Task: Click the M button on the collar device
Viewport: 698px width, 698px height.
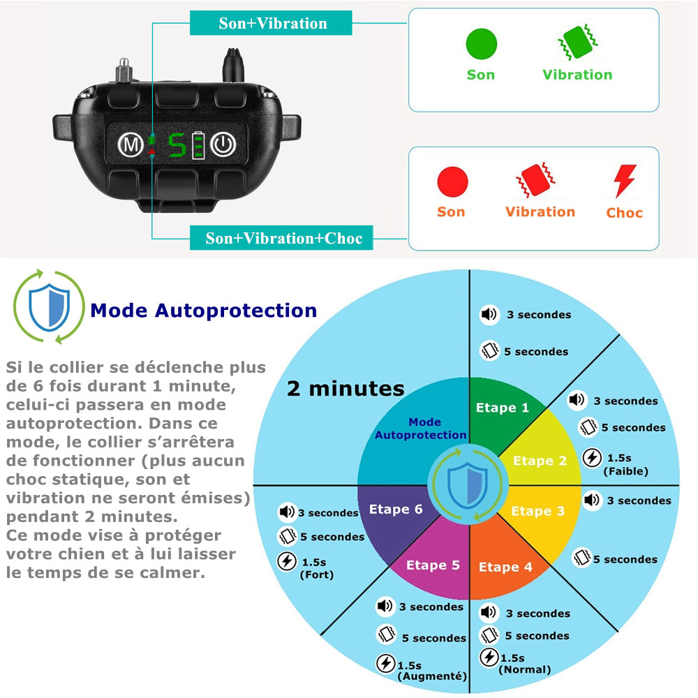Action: pos(128,145)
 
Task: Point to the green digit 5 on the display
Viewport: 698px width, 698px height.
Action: pos(177,145)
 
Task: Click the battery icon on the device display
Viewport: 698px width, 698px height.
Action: pos(200,145)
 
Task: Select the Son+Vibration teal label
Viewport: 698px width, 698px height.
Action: pos(272,23)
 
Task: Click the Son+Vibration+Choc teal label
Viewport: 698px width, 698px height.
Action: pos(283,238)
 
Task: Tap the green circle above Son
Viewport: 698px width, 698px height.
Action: pos(481,44)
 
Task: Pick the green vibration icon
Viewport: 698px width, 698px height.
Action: pos(577,44)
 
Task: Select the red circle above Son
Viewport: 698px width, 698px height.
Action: pos(452,181)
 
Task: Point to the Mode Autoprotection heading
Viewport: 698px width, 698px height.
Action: pos(204,311)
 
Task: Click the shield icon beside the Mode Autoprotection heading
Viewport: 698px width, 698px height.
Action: pos(49,306)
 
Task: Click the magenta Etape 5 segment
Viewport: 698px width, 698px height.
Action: pos(433,565)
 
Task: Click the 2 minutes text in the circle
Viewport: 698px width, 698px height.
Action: pos(346,389)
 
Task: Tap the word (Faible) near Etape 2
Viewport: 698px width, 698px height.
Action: pos(625,471)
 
